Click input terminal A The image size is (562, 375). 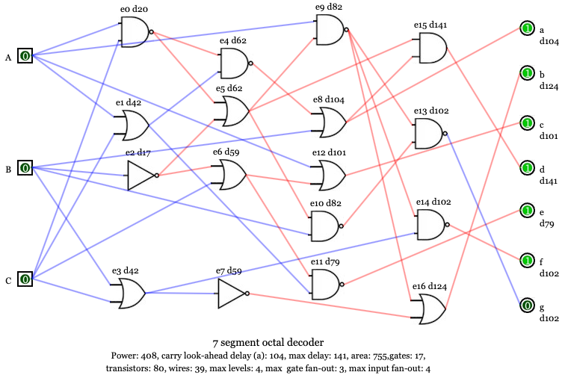tap(25, 55)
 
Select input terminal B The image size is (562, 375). tap(25, 168)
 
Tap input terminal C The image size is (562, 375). tap(25, 279)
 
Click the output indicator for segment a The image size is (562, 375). tap(527, 28)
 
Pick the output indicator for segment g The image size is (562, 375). tap(527, 305)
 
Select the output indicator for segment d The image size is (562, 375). tap(527, 167)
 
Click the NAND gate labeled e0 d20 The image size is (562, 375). tap(135, 32)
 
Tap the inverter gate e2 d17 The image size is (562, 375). tap(140, 176)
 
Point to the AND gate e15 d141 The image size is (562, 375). tap(432, 48)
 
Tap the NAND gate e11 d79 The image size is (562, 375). tap(325, 284)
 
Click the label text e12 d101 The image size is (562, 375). tap(329, 153)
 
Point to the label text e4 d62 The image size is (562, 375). tap(232, 40)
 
